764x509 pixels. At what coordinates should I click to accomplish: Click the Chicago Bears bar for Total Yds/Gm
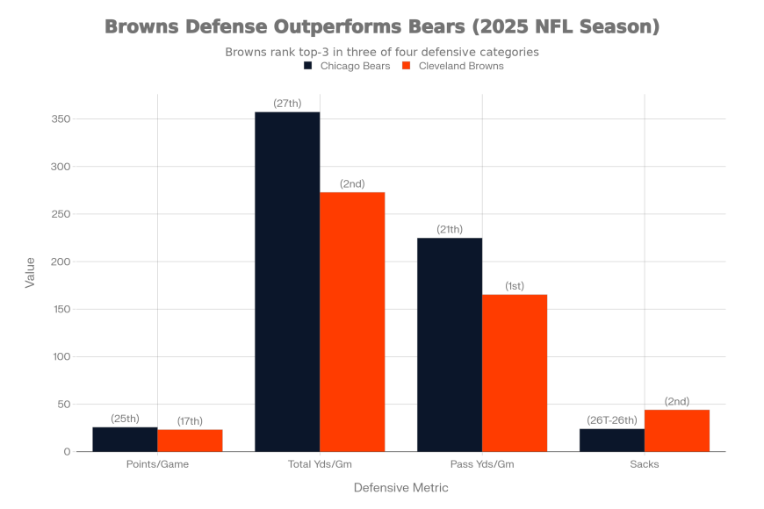point(287,281)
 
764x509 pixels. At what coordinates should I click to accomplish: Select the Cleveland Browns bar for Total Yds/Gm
point(352,321)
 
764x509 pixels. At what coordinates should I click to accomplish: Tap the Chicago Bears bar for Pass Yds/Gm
point(450,344)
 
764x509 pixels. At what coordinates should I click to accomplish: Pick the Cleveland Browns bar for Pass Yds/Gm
point(515,372)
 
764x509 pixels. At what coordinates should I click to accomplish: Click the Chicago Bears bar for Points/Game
point(125,439)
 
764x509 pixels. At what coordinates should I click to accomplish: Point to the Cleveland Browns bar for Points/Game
point(190,440)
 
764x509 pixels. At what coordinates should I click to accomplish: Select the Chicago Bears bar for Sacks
point(612,440)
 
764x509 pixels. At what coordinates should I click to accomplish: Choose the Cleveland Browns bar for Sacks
point(677,430)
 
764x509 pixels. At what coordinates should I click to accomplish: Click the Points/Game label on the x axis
point(157,463)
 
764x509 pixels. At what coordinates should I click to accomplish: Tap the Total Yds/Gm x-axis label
point(320,463)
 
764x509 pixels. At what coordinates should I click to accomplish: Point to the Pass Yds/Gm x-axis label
point(482,463)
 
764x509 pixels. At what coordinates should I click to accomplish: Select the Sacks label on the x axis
point(645,463)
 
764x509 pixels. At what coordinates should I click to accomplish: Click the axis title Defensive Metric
point(400,487)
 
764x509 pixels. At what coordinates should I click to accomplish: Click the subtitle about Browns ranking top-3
point(382,52)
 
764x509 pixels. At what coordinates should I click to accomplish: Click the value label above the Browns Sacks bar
point(677,403)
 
